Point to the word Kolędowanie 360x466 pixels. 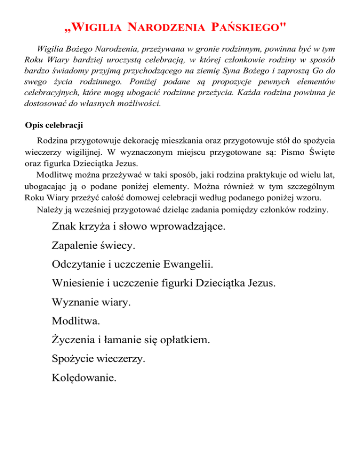pyautogui.click(x=85, y=377)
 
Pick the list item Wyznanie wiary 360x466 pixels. pyautogui.click(x=92, y=303)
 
